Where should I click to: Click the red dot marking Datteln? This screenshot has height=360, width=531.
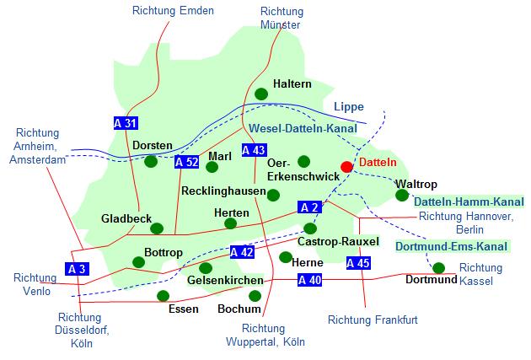click(346, 167)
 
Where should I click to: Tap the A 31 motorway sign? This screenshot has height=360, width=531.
click(126, 123)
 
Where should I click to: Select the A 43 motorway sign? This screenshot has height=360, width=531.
click(254, 150)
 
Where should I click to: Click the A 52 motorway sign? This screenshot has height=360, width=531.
click(187, 162)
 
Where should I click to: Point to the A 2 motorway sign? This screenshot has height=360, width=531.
click(309, 207)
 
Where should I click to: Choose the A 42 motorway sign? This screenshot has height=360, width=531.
click(242, 251)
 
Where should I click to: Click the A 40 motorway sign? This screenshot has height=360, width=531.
click(309, 280)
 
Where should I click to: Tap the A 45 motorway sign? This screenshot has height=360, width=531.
click(358, 263)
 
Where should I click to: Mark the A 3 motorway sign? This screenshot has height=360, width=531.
click(76, 269)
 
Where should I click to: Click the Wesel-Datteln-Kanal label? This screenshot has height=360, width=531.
click(303, 129)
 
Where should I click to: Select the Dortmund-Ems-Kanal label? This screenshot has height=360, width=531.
click(452, 247)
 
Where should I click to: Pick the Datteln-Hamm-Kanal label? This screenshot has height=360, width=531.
click(469, 201)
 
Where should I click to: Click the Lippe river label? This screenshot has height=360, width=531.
click(348, 107)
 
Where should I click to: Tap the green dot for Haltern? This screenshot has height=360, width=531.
click(261, 94)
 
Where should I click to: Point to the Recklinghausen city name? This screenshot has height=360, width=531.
click(222, 191)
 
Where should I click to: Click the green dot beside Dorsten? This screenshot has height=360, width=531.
click(150, 161)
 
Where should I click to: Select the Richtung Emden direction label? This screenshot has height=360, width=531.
click(174, 11)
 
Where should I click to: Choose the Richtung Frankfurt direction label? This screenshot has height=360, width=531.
click(373, 320)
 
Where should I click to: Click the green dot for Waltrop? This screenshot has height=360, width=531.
click(402, 196)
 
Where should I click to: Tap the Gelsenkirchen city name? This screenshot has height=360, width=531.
click(225, 280)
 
